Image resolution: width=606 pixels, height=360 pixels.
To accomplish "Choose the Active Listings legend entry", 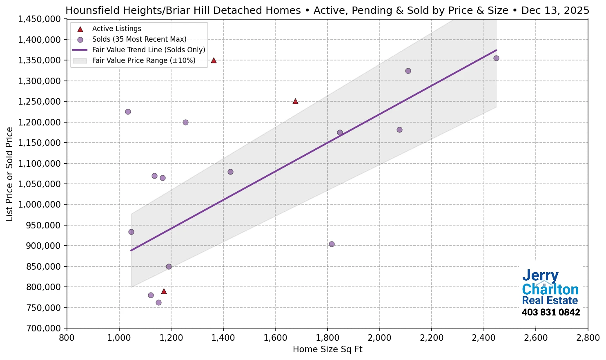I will (x=116, y=29).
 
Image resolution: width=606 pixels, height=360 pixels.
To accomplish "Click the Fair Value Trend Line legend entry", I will (x=148, y=50).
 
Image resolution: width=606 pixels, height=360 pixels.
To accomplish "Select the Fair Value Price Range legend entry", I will (x=143, y=60).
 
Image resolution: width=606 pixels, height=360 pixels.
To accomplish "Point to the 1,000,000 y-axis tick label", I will (x=40, y=205).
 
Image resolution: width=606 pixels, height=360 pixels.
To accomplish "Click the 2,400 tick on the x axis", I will (x=484, y=338).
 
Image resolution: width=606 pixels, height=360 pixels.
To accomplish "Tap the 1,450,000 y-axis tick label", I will (x=40, y=19).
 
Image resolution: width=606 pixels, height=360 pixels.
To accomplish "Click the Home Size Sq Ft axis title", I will (x=328, y=349).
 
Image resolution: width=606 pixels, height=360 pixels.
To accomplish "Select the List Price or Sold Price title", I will (x=9, y=174).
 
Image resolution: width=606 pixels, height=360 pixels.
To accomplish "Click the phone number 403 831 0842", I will (x=550, y=313).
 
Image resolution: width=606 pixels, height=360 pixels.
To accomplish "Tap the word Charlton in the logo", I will (x=550, y=290).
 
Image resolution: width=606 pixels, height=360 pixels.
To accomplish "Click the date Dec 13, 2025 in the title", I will (x=555, y=10).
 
